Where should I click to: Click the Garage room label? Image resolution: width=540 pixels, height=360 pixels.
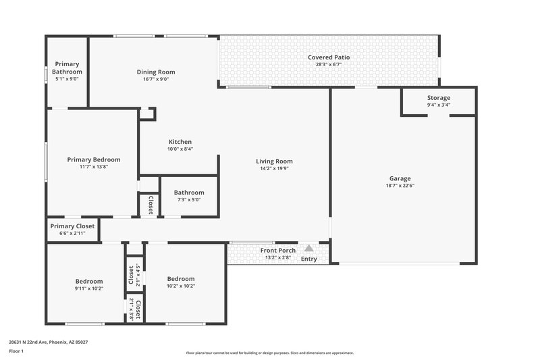400,178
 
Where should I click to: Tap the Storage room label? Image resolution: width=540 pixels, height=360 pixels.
438,98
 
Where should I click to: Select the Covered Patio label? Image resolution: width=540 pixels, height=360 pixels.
329,57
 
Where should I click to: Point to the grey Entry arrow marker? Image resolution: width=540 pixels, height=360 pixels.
309,249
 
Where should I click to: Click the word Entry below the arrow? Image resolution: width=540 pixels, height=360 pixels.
308,259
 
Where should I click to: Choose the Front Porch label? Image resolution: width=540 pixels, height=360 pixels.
277,251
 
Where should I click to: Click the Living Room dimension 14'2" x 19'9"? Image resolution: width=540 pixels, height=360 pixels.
274,169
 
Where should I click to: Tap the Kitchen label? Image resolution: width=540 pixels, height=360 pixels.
180,142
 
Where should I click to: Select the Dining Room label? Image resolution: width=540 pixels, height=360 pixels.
156,72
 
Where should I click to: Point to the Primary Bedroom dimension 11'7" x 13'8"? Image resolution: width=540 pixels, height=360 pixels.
94,167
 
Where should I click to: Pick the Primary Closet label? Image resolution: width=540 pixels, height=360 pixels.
72,226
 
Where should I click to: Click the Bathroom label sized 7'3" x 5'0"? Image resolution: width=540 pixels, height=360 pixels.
189,192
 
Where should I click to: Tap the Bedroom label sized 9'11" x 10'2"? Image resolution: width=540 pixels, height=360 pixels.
89,281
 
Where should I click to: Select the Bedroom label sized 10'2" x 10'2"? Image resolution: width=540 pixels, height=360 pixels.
181,278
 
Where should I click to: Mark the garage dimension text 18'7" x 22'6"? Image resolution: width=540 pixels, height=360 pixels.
400,186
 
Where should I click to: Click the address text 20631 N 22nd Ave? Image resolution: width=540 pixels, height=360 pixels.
48,342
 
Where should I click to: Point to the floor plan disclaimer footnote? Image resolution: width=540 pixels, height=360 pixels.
270,353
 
